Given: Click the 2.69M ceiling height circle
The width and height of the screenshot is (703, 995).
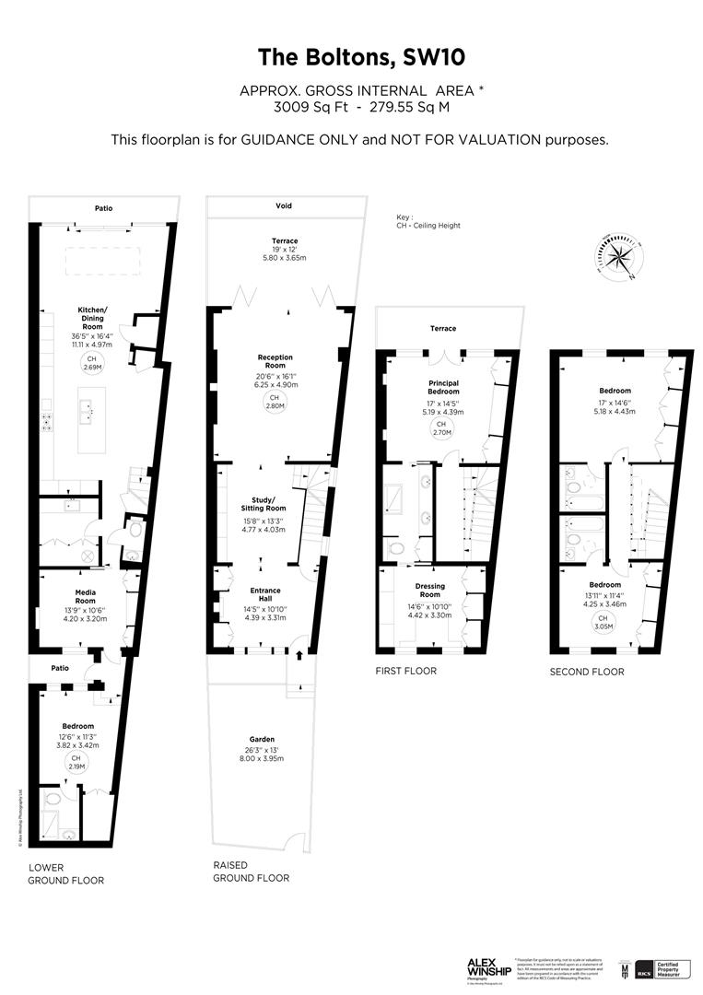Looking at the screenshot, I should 91,362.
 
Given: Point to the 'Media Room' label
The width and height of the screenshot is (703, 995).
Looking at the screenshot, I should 85,596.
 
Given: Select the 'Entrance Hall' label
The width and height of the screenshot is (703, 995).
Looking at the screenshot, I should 264,595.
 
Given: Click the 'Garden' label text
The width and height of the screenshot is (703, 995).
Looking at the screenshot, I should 262,739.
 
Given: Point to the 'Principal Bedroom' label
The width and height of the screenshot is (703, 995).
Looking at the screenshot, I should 443,387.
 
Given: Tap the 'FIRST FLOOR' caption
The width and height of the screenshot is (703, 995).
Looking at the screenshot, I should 405,671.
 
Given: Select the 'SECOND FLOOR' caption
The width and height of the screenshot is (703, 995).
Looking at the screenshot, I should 586,672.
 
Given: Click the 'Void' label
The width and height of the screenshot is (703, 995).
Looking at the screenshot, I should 284,205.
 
